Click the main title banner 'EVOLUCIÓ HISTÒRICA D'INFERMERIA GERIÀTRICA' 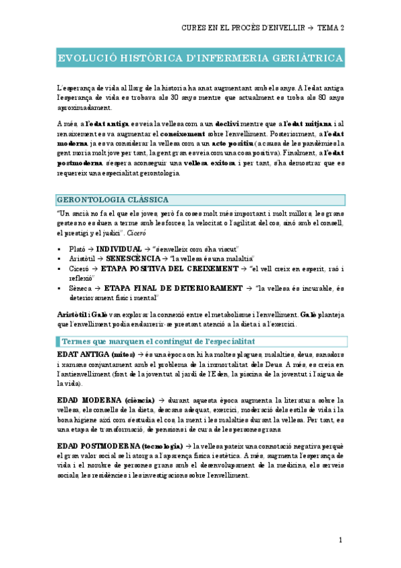tap(199, 58)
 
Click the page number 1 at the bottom tap(340, 539)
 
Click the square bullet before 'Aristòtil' tap(60, 259)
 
